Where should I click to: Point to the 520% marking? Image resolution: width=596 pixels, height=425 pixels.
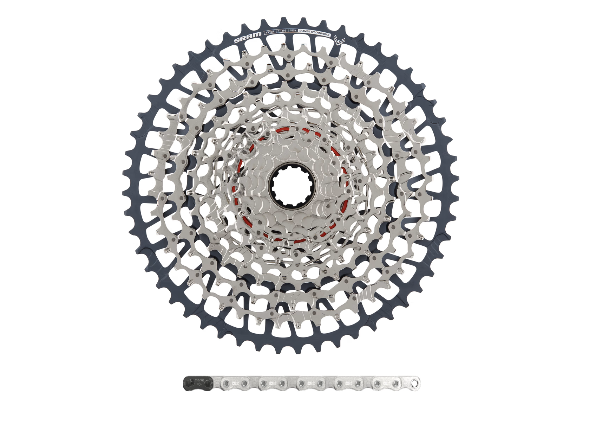pos(293,31)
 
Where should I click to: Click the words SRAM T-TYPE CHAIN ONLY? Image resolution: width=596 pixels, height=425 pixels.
pos(314,33)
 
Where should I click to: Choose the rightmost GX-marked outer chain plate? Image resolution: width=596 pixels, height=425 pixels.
pos(386,383)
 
